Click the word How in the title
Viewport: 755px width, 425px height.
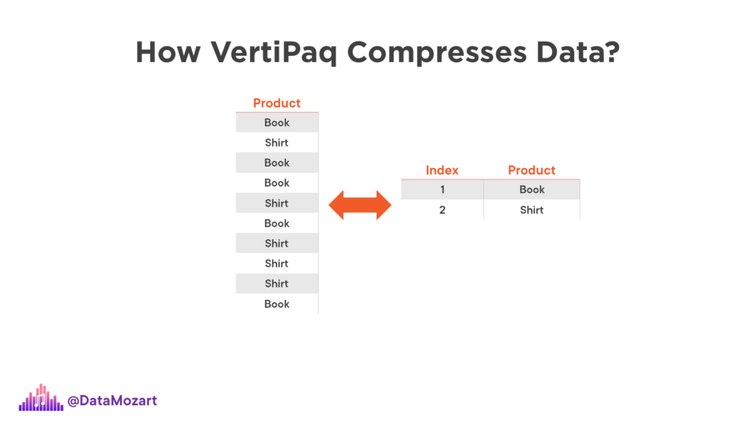[168, 52]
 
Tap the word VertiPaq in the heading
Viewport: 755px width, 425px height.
[274, 53]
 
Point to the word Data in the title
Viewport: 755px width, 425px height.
[570, 52]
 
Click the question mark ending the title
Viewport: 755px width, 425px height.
[611, 52]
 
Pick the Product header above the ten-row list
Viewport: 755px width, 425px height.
[277, 103]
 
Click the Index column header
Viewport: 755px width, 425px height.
[442, 170]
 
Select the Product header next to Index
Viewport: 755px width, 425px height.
[532, 170]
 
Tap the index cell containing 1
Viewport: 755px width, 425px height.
[442, 190]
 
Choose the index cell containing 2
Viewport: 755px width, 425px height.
[442, 210]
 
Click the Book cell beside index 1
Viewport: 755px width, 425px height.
[532, 190]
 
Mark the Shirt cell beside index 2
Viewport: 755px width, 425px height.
[532, 210]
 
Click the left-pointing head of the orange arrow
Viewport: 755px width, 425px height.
[336, 205]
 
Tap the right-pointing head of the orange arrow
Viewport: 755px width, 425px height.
[383, 205]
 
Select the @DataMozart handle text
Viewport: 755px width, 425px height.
[112, 401]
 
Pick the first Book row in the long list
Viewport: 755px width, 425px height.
[277, 122]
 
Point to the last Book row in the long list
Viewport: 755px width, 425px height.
[277, 304]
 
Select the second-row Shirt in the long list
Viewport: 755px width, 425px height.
[277, 142]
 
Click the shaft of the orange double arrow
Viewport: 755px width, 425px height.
[360, 205]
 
